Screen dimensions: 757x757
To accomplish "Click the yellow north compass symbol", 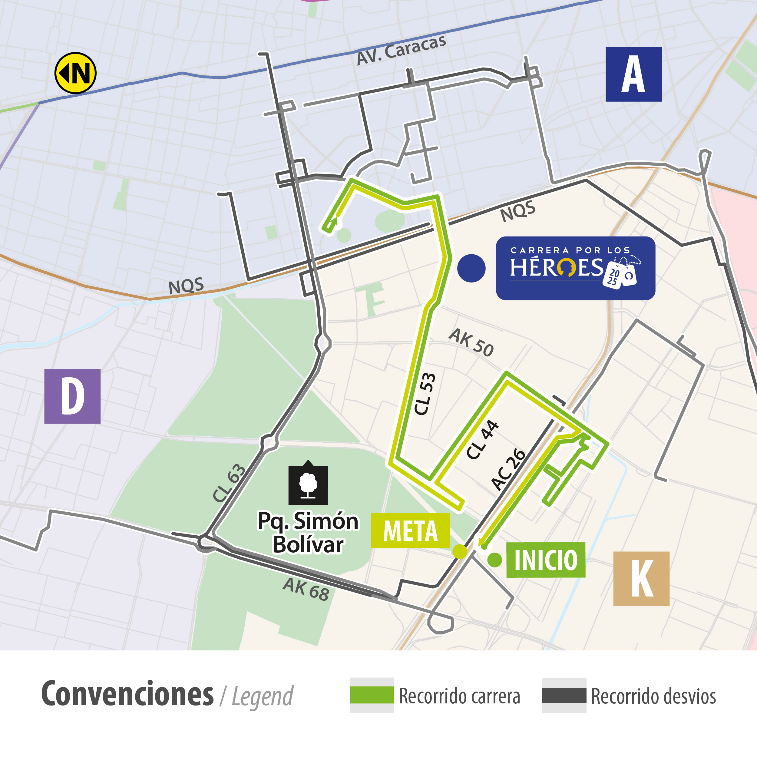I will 75,73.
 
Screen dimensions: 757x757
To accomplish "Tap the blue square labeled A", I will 633,74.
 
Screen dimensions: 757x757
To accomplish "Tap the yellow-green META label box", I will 410,531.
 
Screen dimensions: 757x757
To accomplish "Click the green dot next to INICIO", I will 494,560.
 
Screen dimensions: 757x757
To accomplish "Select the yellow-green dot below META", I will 460,551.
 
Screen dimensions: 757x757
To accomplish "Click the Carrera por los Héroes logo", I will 575,268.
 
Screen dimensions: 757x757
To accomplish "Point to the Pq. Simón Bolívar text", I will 308,533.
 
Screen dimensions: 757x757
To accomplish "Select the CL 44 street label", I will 482,440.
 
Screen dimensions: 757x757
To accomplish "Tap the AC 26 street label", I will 508,469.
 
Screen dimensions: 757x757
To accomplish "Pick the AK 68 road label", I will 306,589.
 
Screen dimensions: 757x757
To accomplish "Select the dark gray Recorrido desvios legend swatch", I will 564,695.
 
